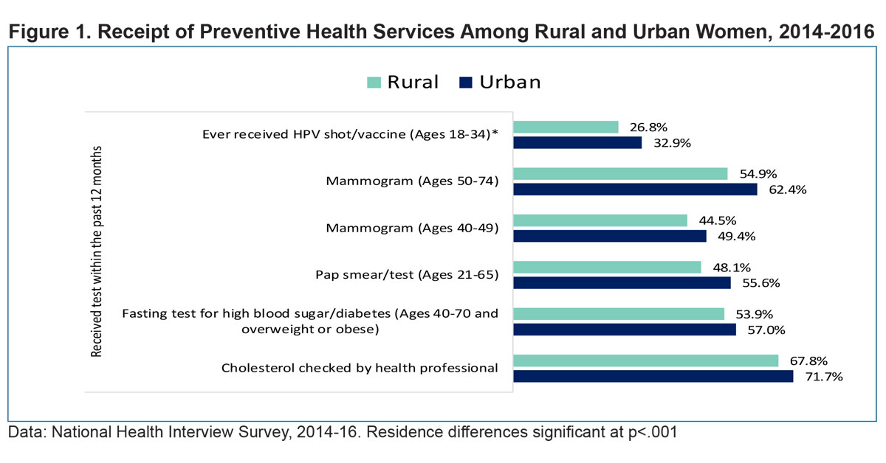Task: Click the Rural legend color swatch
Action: tap(374, 83)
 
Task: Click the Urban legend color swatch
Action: tap(465, 83)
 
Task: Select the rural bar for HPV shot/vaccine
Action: tap(566, 127)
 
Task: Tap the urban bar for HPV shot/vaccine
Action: tap(578, 143)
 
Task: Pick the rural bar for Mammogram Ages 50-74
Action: tap(621, 173)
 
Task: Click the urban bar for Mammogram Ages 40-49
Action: tap(610, 236)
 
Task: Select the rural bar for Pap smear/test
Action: tap(608, 267)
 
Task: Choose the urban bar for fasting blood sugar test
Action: tap(625, 329)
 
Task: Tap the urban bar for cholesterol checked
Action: tap(653, 376)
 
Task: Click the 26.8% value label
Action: tap(648, 127)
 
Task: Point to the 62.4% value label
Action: tap(787, 189)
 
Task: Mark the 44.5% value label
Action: tap(717, 220)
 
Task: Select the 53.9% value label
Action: tap(755, 313)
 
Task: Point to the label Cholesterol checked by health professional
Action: tap(360, 367)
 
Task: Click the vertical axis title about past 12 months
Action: tap(97, 251)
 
